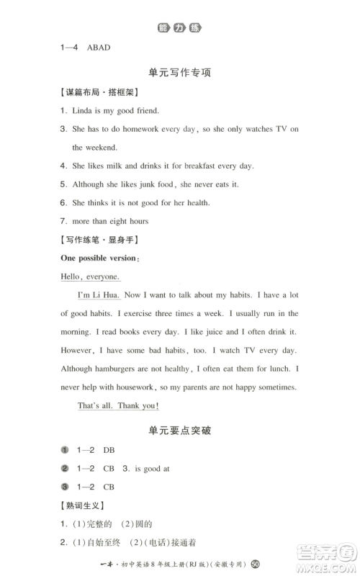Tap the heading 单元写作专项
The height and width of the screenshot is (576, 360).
click(180, 73)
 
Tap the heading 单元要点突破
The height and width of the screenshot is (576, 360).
click(180, 431)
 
